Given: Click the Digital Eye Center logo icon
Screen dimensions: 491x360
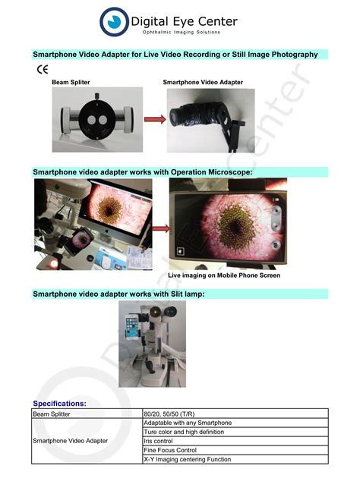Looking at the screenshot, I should [115, 22].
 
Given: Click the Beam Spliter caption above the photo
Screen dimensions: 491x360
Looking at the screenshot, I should [72, 82].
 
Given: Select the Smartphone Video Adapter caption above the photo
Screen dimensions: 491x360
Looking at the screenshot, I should [203, 82].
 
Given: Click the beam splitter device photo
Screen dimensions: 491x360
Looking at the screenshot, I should [96, 119].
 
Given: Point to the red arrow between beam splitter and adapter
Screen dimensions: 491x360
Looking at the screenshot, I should [155, 119].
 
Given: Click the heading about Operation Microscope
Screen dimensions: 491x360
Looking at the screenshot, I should [142, 173].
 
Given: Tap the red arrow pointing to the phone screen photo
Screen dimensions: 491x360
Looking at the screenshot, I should [161, 226].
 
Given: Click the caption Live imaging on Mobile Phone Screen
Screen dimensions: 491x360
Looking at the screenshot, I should [224, 275].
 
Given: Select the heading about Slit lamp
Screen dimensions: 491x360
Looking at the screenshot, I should [118, 294].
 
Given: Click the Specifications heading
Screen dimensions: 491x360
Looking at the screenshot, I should [59, 404].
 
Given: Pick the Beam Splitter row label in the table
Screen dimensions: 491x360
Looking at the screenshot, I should [52, 414].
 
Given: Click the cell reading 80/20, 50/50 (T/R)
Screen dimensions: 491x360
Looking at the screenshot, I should [175, 414].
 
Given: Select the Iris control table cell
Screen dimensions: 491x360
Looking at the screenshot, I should [159, 441].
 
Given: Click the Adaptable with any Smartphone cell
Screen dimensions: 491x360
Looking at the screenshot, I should [188, 423].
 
